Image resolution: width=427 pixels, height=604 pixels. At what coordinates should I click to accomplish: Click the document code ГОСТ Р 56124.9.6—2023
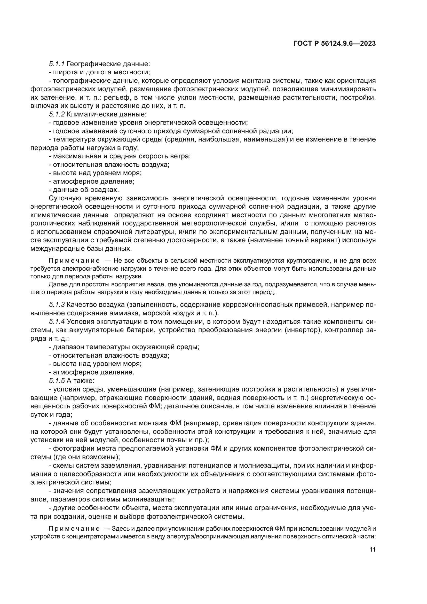[x=334, y=44]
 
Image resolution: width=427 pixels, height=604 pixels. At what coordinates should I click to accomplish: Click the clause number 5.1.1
[x=57, y=64]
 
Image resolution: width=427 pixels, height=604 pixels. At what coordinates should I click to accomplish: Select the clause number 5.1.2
[x=57, y=114]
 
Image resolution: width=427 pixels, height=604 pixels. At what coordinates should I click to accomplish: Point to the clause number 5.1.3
[x=57, y=305]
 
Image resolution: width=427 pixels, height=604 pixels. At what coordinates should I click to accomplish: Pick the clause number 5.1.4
[x=57, y=321]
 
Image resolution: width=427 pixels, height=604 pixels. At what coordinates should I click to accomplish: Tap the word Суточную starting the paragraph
[x=65, y=198]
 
